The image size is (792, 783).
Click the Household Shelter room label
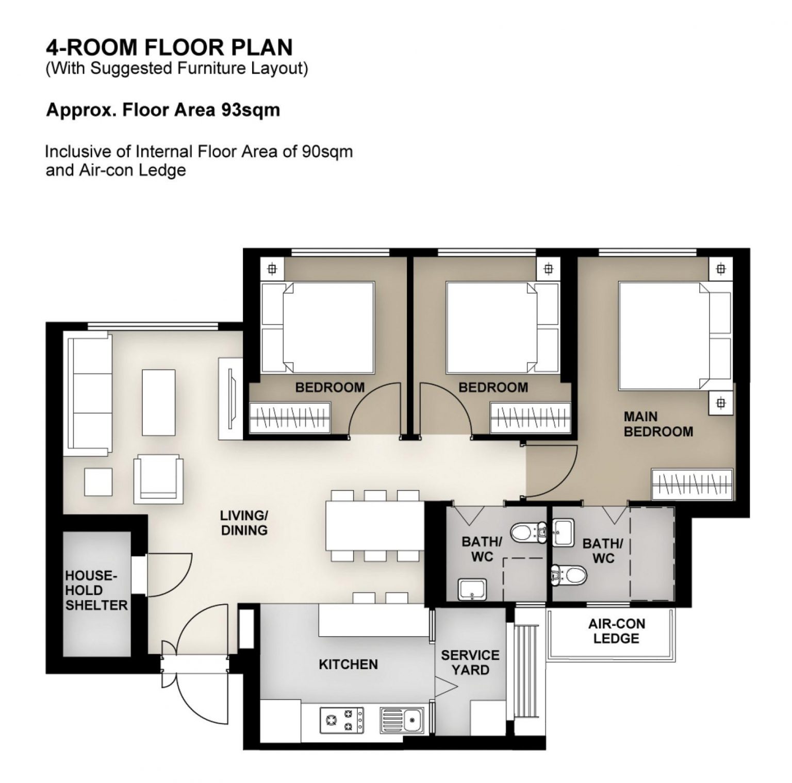coord(96,590)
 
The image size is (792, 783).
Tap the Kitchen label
coord(348,664)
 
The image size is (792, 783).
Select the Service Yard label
coord(470,662)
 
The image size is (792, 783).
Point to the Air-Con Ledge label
coord(616,631)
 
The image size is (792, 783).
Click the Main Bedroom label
coord(658,424)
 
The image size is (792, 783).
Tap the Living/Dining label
coord(244,523)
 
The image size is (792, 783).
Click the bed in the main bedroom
coord(674,336)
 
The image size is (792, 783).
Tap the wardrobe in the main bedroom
coord(692,484)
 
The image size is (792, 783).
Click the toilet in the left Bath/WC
coord(529,531)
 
